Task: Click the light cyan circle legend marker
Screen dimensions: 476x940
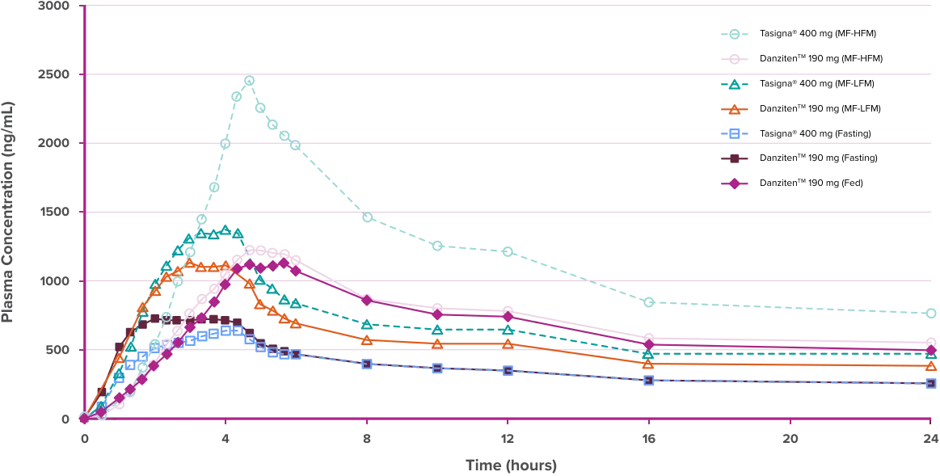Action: pos(733,35)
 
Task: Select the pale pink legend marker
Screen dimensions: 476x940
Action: pos(733,59)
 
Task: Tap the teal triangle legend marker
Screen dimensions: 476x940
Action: pos(733,84)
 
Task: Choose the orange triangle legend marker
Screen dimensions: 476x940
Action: pos(733,109)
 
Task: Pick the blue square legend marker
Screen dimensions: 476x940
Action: pos(733,133)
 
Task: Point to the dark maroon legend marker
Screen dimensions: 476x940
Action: pos(733,159)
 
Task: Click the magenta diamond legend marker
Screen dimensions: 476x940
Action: pos(733,184)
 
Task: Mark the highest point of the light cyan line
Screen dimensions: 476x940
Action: pos(249,79)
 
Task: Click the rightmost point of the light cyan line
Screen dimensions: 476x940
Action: pos(931,313)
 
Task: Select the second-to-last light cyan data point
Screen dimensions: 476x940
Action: pos(650,303)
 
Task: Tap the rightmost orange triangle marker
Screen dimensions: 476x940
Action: pos(931,366)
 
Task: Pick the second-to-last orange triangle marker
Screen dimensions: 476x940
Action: pos(650,365)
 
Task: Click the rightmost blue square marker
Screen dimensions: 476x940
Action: pos(931,384)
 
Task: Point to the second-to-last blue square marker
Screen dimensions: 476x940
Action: pos(650,380)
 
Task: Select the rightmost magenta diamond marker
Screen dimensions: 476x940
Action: pos(931,350)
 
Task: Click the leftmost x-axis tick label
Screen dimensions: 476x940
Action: pos(83,440)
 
